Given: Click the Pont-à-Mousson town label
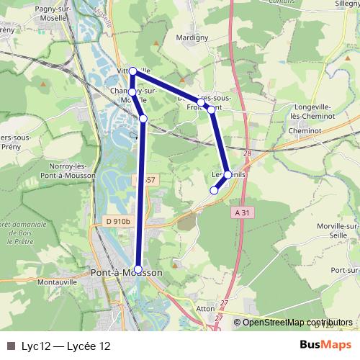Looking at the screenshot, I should tap(127, 274).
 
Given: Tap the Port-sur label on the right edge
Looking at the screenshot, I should tap(346, 269).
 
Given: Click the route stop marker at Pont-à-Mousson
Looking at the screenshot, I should tap(139, 269).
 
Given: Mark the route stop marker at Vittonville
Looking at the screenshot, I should tap(132, 71).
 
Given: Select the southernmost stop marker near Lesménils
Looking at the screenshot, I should tap(214, 191).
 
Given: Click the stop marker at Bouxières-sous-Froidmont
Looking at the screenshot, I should tap(211, 110).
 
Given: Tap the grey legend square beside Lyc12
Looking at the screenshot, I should tap(11, 346).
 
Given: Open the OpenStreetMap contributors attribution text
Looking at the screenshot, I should tap(297, 323).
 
